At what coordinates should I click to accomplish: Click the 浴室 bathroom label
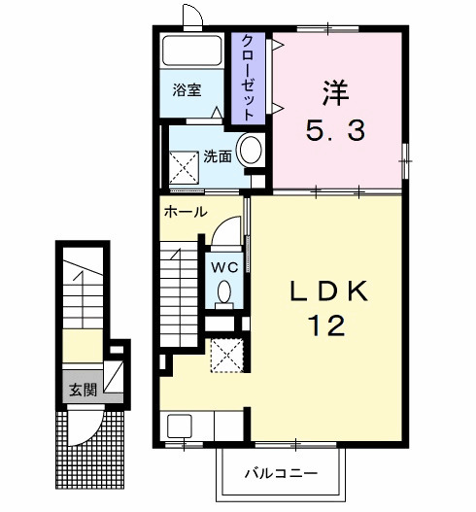pyautogui.click(x=187, y=89)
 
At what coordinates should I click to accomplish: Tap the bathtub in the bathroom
pyautogui.click(x=192, y=51)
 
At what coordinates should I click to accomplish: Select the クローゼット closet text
pyautogui.click(x=248, y=78)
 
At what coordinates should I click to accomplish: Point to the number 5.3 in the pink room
pyautogui.click(x=335, y=130)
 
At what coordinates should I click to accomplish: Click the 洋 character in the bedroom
pyautogui.click(x=336, y=92)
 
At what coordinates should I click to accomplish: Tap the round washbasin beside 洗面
pyautogui.click(x=251, y=150)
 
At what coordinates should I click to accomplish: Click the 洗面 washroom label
pyautogui.click(x=218, y=157)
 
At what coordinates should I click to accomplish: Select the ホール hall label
pyautogui.click(x=186, y=212)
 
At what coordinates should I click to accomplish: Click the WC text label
pyautogui.click(x=224, y=268)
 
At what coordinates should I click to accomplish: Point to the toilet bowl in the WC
pyautogui.click(x=224, y=291)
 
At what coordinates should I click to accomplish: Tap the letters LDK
pyautogui.click(x=328, y=290)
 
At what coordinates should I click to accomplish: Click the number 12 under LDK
pyautogui.click(x=327, y=325)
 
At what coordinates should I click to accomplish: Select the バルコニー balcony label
pyautogui.click(x=281, y=473)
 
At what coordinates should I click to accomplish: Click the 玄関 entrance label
pyautogui.click(x=84, y=390)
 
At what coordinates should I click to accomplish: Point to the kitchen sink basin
pyautogui.click(x=180, y=426)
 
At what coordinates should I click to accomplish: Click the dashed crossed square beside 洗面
pyautogui.click(x=184, y=167)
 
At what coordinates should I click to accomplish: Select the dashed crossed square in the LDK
pyautogui.click(x=227, y=356)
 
